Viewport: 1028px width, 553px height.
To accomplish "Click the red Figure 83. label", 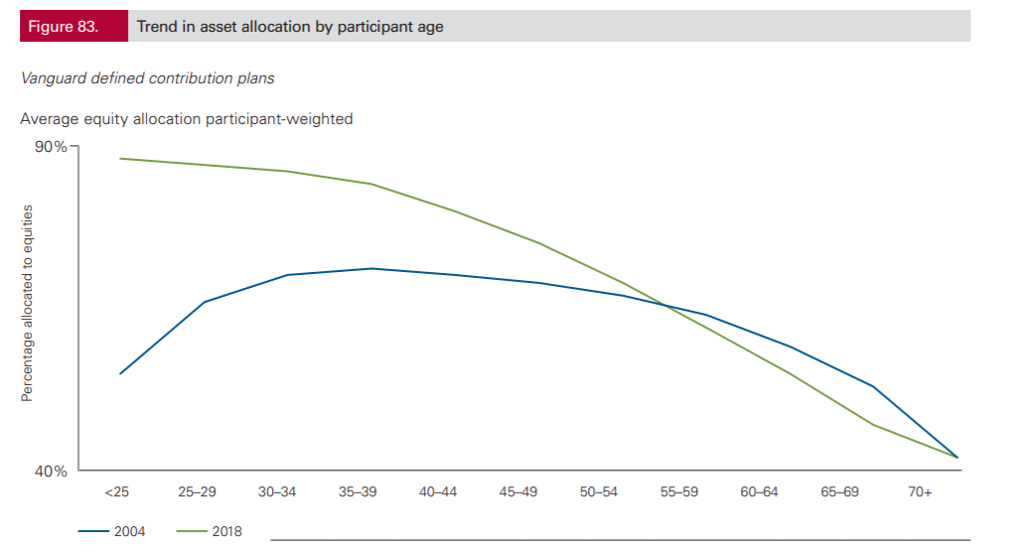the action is [73, 26].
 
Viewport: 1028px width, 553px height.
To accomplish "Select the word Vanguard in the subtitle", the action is [54, 78].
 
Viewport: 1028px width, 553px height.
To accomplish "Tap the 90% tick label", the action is [51, 147].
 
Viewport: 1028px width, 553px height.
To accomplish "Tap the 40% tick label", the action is [51, 472].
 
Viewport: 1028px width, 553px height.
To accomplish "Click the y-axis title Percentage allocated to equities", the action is [27, 303].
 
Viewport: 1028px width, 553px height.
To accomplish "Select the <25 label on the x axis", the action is [116, 492].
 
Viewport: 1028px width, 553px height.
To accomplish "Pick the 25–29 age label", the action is [197, 492].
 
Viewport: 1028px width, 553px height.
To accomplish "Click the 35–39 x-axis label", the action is [358, 492].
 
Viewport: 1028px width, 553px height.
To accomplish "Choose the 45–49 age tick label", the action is [517, 492].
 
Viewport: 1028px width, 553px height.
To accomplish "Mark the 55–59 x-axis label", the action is [679, 492].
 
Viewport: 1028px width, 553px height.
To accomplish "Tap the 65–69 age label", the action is [840, 492].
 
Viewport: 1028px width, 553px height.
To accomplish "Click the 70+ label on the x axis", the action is [920, 492].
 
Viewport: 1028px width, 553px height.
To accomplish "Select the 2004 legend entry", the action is [112, 531].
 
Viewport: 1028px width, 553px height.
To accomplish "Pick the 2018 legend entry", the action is [210, 531].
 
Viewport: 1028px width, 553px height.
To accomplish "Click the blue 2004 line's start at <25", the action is [120, 373].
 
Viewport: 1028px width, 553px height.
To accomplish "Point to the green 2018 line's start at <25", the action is [120, 159].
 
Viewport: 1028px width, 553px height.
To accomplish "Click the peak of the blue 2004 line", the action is [371, 269].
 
